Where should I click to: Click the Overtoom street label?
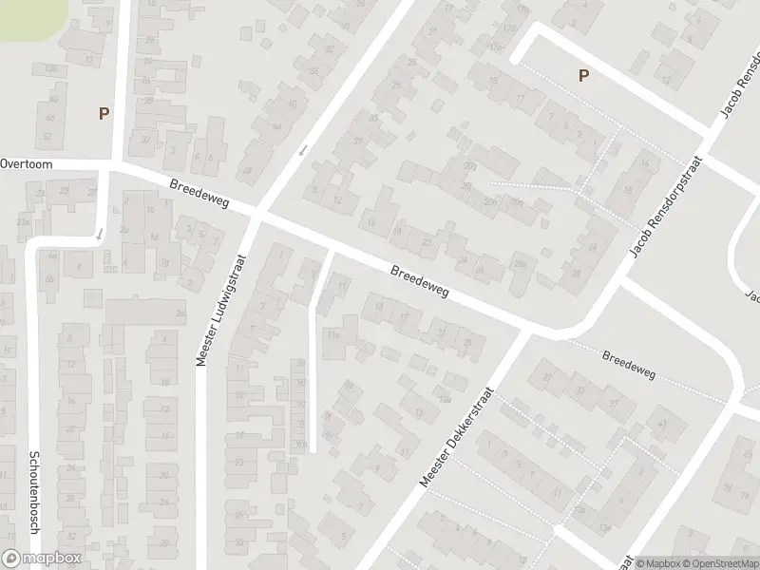click(26, 163)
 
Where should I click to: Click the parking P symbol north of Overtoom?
click(104, 113)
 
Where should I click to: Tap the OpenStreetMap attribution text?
click(718, 563)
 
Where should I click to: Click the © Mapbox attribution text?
click(657, 563)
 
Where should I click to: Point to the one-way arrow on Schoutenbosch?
click(99, 234)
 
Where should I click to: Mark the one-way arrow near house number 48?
click(303, 149)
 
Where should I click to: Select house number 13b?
click(50, 69)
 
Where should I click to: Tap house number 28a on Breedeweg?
click(520, 264)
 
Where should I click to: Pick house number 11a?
click(332, 334)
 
